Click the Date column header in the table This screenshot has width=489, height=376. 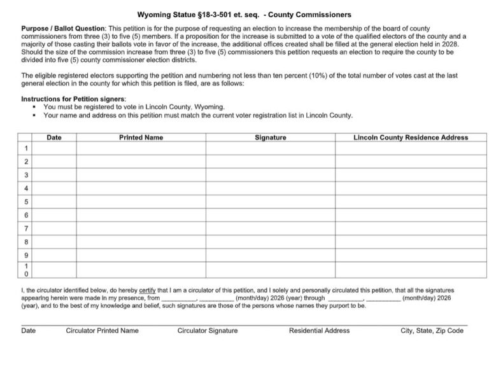54,137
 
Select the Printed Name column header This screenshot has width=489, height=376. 141,137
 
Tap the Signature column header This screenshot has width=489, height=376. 270,137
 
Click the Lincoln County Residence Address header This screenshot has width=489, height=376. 410,137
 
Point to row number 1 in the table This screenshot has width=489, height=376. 26,148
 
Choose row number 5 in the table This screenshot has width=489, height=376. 26,202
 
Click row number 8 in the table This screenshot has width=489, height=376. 26,242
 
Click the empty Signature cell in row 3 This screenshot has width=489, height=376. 270,175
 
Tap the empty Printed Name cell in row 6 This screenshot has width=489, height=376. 141,215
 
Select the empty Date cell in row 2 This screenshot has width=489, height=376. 54,162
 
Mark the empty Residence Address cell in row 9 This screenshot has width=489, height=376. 410,255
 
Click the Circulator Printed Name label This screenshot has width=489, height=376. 102,331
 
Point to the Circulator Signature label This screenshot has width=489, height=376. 208,331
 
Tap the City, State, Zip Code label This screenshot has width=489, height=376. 432,331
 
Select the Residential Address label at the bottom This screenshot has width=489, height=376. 319,331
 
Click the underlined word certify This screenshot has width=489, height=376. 149,290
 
